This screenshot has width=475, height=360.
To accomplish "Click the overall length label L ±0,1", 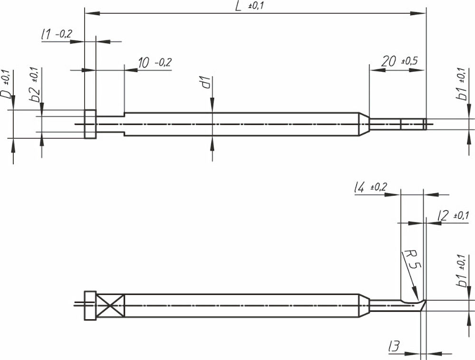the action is [249, 6].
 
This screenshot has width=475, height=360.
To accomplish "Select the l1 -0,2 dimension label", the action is [57, 34].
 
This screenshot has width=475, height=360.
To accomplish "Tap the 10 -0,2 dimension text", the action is [155, 63].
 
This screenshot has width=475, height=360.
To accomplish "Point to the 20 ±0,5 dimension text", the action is [399, 61].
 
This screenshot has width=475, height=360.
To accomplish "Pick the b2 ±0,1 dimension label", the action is [36, 85].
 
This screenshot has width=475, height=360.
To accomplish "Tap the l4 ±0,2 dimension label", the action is [370, 188].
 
